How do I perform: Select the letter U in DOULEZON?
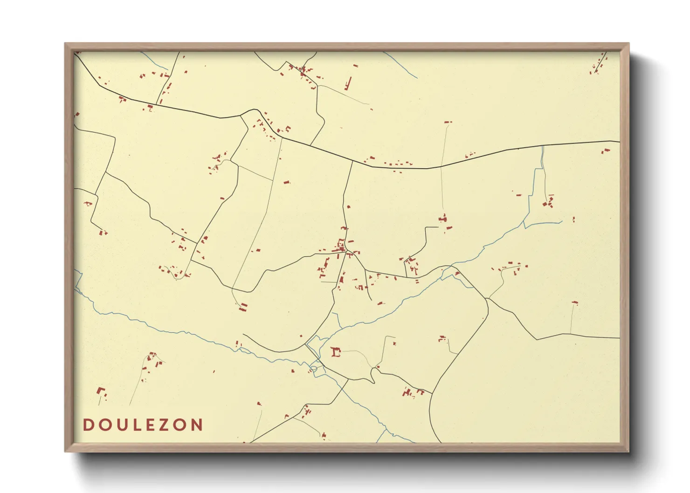click(121, 425)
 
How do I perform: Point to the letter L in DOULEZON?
click(136, 425)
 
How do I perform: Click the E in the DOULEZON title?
click(150, 425)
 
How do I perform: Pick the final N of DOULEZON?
click(197, 425)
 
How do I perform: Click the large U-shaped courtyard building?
click(335, 352)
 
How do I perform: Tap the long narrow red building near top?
click(348, 84)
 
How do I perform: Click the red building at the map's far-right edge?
click(606, 150)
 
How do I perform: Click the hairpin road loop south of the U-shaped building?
click(373, 375)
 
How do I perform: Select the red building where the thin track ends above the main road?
click(448, 122)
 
